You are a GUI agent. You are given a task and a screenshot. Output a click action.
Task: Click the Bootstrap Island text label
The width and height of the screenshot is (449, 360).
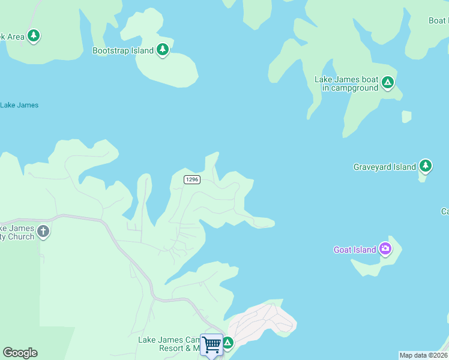[x=123, y=51]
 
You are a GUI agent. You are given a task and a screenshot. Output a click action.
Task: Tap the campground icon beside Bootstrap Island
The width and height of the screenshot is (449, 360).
[x=163, y=50]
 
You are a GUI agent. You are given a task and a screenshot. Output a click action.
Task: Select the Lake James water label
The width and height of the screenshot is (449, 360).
[x=19, y=105]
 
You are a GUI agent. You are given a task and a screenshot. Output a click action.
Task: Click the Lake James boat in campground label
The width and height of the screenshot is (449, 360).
[x=346, y=83]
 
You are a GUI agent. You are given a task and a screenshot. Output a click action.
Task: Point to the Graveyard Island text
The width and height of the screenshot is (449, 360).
[x=384, y=167]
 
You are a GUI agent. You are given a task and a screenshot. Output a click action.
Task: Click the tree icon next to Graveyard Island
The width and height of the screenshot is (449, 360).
[x=426, y=166]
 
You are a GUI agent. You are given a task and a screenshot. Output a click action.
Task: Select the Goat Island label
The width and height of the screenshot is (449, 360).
[x=355, y=250]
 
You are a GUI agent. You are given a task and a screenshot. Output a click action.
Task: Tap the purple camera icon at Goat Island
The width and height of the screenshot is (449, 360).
[x=385, y=248]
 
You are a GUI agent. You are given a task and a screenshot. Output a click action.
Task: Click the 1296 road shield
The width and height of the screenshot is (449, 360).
[x=191, y=179]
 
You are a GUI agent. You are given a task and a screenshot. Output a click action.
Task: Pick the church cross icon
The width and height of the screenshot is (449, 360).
[x=43, y=231]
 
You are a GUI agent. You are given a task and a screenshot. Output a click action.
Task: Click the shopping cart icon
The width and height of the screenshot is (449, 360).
[x=211, y=345]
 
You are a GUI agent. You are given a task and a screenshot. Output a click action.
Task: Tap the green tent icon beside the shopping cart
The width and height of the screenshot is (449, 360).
[x=228, y=343]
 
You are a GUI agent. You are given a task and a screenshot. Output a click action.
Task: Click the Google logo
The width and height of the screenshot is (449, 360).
[x=20, y=353]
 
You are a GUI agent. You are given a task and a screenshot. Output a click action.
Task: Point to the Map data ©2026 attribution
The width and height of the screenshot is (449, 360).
[x=423, y=355]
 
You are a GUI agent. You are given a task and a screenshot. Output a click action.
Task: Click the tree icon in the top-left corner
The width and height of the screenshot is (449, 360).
[x=34, y=36]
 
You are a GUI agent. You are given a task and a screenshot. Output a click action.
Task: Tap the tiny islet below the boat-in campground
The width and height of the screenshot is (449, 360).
[x=406, y=116]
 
